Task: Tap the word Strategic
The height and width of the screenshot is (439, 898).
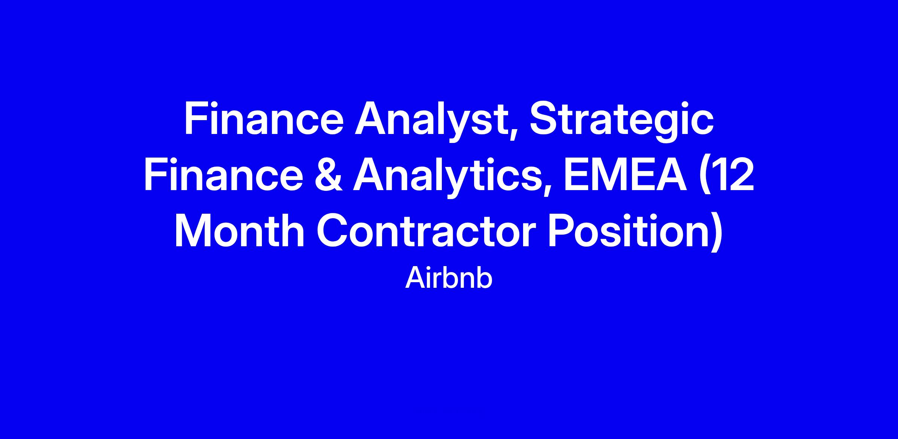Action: click(621, 122)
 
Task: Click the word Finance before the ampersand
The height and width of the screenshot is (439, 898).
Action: click(223, 176)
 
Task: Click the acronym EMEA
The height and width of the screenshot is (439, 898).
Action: click(625, 176)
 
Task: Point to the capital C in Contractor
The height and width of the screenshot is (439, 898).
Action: click(332, 231)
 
